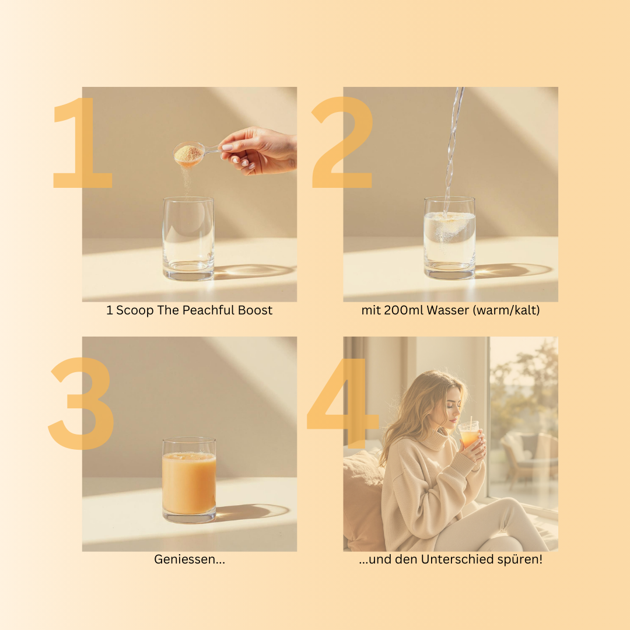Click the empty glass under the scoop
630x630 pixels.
188,238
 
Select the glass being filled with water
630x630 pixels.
450,237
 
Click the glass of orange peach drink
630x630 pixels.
189,480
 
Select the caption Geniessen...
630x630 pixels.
190,559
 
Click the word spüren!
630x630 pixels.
520,559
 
